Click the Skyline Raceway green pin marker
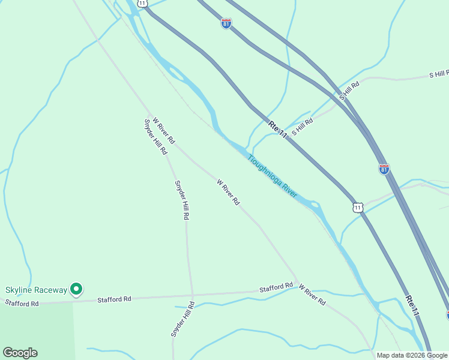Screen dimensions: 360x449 click(76, 289)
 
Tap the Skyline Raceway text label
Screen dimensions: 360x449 click(37, 290)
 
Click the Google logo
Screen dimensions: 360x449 click(20, 353)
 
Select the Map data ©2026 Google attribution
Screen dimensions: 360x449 click(412, 355)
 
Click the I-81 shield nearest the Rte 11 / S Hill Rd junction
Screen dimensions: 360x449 click(384, 169)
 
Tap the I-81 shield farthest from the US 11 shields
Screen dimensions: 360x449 click(226, 23)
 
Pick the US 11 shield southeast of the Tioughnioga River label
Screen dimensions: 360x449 click(358, 207)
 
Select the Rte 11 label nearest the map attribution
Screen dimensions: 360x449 click(412, 305)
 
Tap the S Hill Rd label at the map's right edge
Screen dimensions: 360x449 click(439, 74)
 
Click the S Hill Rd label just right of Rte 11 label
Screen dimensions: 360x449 click(303, 127)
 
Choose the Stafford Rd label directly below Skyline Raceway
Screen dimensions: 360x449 click(22, 304)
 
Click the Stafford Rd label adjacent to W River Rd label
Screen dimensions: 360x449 click(276, 288)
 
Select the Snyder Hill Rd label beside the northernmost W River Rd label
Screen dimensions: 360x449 click(155, 137)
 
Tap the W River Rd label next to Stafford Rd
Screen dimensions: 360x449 click(312, 295)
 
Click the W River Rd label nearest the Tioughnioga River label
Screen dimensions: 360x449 click(228, 193)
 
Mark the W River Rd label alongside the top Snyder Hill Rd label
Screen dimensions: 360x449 click(164, 130)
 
